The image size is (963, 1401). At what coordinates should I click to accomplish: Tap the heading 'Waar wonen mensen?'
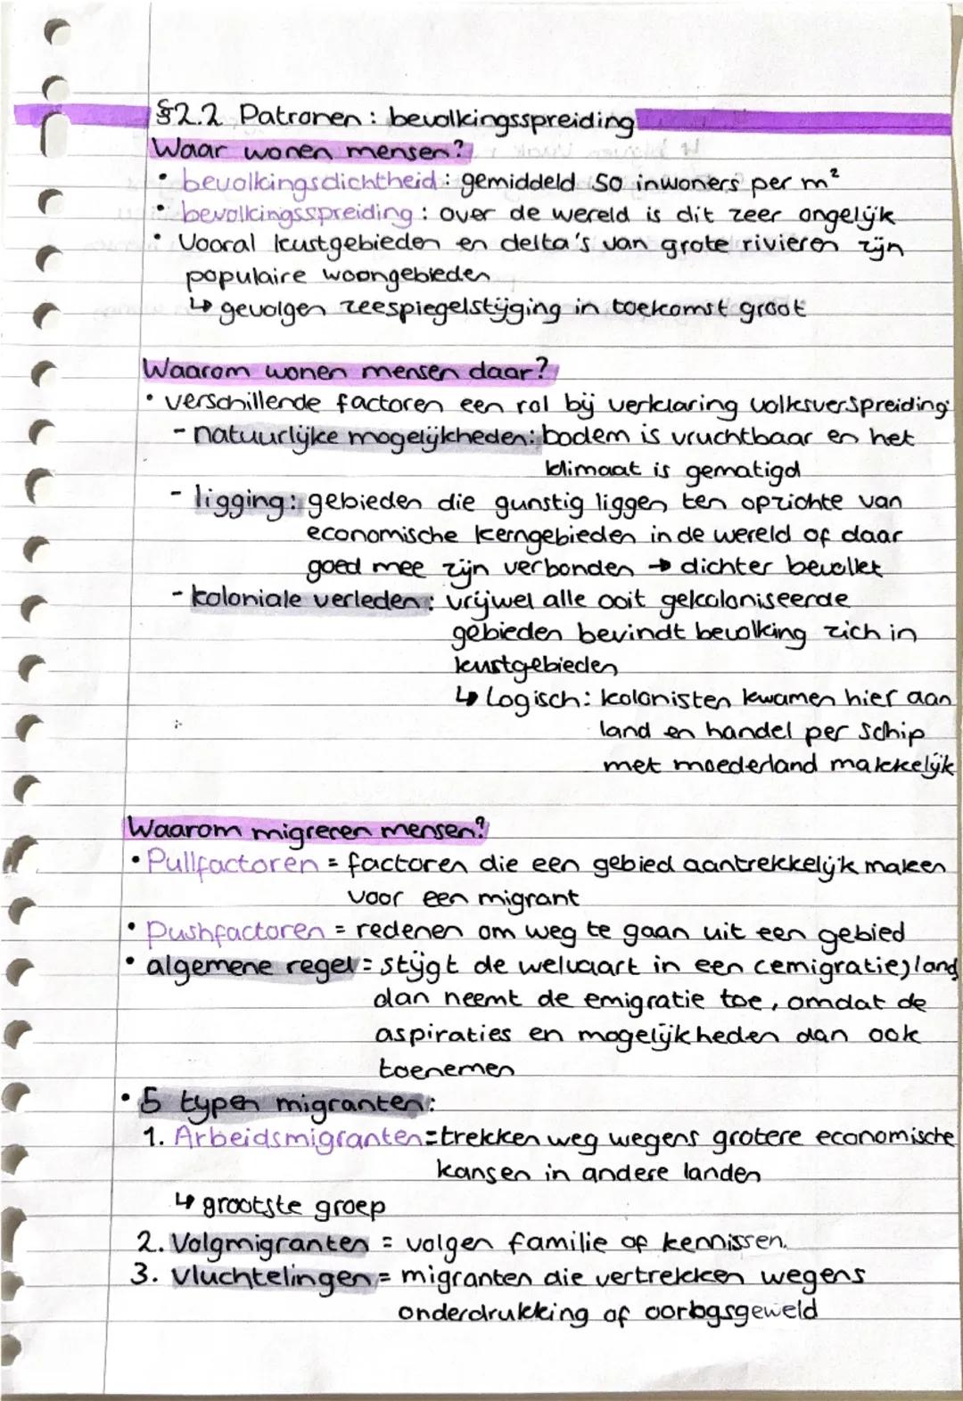click(x=309, y=150)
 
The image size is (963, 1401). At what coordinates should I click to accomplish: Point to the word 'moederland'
click(x=745, y=765)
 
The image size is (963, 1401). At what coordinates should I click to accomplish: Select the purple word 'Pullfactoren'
click(x=232, y=863)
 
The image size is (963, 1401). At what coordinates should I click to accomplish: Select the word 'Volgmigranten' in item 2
click(x=267, y=1241)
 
